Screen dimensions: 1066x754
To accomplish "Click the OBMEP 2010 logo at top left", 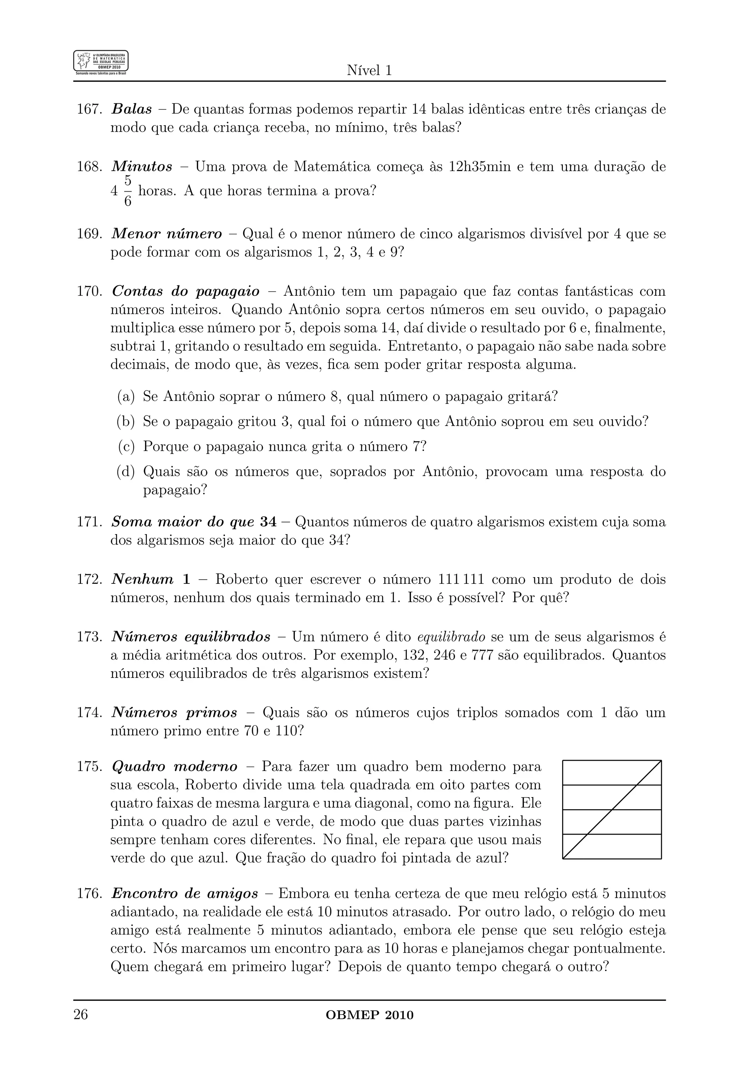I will click(101, 63).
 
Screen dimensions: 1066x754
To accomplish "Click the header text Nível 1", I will click(369, 71).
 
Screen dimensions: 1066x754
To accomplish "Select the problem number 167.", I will click(89, 110).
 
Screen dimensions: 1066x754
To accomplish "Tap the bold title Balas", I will click(132, 110).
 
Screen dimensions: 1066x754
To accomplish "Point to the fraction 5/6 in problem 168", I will click(128, 191).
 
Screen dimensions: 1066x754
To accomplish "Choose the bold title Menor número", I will click(167, 234).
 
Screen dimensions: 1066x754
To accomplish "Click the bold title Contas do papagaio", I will click(186, 292).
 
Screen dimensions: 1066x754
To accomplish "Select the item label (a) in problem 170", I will click(126, 397).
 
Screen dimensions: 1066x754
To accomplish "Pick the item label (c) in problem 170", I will click(126, 447).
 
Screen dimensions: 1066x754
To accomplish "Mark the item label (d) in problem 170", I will click(126, 472).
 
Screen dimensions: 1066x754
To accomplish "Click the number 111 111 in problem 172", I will click(461, 579).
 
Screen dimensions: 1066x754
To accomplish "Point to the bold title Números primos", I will click(174, 713).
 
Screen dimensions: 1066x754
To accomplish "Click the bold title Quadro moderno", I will click(174, 767).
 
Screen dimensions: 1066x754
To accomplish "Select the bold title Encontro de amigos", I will click(184, 894).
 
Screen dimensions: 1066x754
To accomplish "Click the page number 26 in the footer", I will click(81, 1015).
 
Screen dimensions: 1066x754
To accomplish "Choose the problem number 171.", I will click(89, 522).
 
